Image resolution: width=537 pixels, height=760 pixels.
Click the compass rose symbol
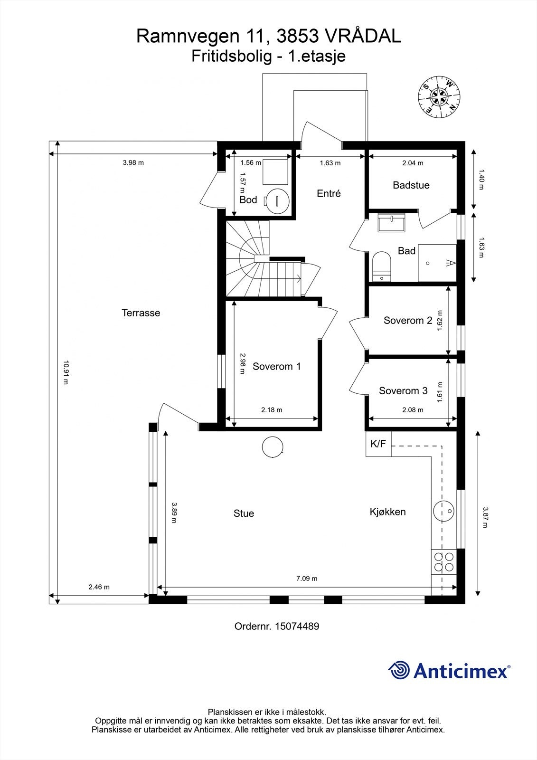point(439,96)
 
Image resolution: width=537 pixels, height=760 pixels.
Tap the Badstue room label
point(411,185)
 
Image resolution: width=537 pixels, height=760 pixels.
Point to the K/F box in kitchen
point(378,444)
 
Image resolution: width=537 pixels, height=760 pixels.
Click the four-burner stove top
point(443,561)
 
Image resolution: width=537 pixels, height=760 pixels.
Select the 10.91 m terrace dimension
point(66,373)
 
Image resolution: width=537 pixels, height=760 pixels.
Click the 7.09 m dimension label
point(307,578)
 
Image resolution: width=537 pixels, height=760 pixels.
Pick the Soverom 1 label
point(276,366)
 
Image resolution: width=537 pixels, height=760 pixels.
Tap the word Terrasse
point(141,313)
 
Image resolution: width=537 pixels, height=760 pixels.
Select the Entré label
point(329,193)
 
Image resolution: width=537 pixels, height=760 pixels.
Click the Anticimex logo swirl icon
point(399,670)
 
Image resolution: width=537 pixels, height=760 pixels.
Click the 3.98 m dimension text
point(133,162)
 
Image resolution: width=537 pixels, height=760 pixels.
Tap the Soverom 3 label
point(403,391)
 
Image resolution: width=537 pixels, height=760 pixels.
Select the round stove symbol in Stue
point(273,447)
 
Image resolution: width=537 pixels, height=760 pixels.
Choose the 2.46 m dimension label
point(99,587)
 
